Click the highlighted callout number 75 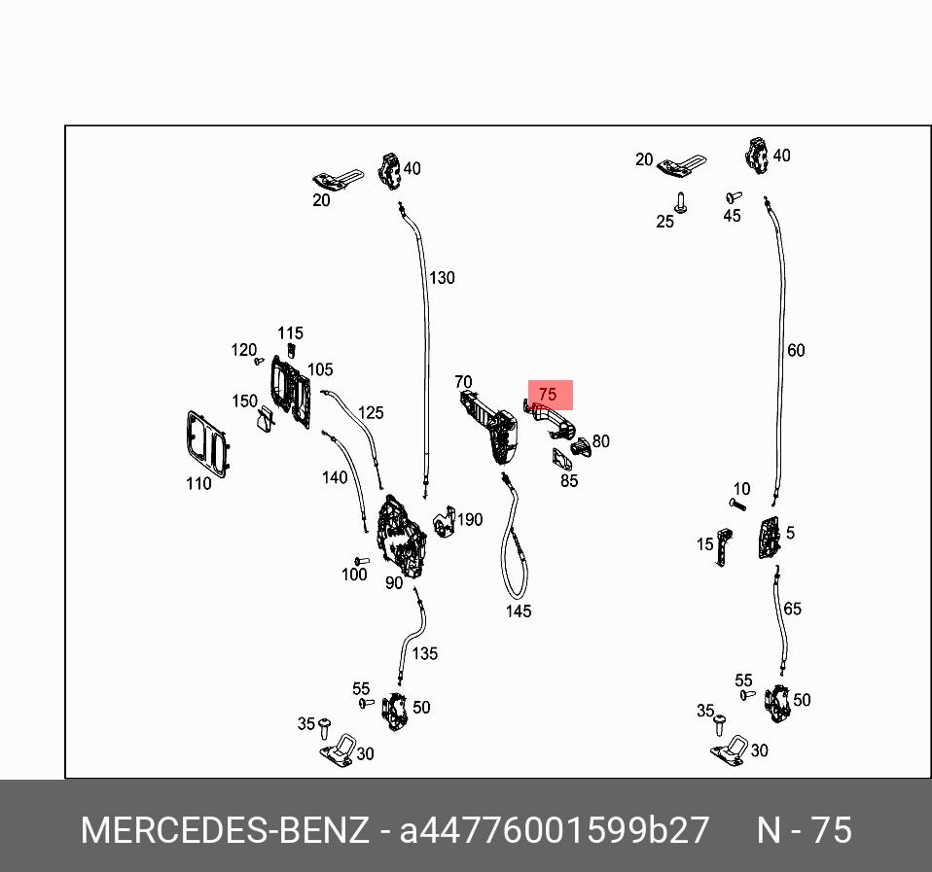pos(548,395)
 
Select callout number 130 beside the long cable pos(442,278)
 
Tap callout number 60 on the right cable pos(796,350)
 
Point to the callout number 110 pos(198,483)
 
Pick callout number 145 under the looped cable pos(519,611)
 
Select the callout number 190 pos(470,520)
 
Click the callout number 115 pos(290,333)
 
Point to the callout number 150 pos(244,401)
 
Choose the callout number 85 pos(569,480)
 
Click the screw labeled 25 pos(681,202)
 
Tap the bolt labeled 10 pos(736,504)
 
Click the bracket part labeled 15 pos(724,546)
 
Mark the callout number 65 pos(792,609)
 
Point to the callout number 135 pos(425,653)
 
